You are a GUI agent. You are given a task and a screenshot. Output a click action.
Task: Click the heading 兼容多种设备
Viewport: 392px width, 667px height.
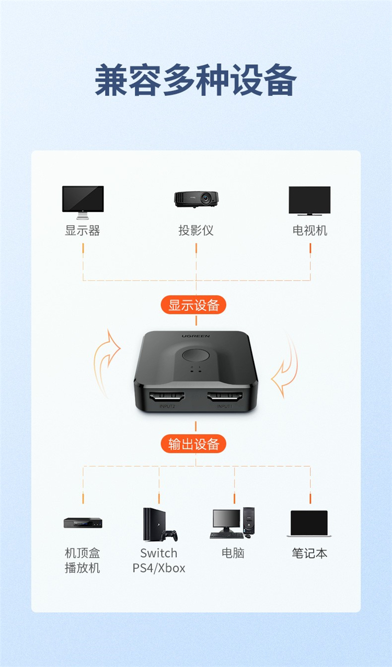point(196,80)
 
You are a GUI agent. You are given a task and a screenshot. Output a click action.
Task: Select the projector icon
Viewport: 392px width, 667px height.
point(196,198)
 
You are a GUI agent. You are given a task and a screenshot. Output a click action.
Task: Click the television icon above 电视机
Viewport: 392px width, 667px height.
point(309,200)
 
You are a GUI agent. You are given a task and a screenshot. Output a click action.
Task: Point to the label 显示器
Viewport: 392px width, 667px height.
point(83,230)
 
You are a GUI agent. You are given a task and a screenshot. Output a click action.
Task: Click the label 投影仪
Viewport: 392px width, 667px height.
point(196,230)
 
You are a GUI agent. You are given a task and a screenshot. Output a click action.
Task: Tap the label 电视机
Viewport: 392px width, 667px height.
point(309,230)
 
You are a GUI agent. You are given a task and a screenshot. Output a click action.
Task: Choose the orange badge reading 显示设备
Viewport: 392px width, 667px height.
point(193,305)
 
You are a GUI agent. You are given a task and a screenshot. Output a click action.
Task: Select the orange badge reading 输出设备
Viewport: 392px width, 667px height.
point(193,444)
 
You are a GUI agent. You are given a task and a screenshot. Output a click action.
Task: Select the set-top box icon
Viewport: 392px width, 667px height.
point(83,522)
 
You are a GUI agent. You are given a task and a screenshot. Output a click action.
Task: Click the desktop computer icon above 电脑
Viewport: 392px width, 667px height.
point(234,523)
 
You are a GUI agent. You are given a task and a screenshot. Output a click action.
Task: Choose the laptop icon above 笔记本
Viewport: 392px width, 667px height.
point(309,524)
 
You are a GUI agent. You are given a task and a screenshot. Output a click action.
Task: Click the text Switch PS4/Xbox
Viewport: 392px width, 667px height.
point(159,560)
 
